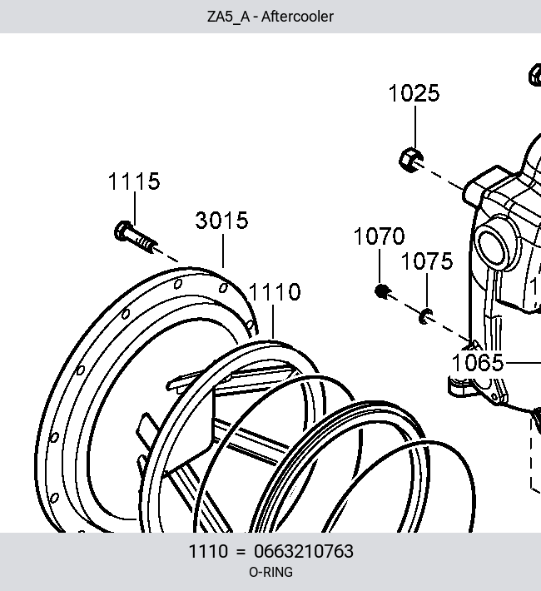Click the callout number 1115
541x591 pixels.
(x=134, y=181)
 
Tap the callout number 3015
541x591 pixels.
(x=222, y=220)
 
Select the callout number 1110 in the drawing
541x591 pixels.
(x=275, y=291)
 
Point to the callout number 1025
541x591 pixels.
(x=414, y=93)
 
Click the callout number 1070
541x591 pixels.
(x=380, y=236)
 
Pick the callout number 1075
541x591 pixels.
(x=427, y=261)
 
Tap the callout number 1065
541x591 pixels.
(x=478, y=363)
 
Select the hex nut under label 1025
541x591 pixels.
(x=411, y=160)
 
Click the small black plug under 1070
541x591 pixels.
(x=382, y=291)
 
